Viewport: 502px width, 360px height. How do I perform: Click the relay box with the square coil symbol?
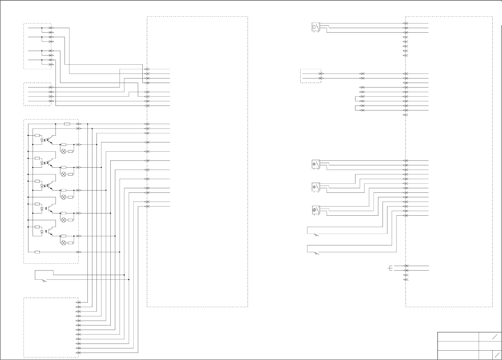pos(315,27)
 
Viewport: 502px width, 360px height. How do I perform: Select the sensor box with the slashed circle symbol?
pos(315,210)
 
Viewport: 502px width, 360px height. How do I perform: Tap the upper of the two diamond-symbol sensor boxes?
pos(315,164)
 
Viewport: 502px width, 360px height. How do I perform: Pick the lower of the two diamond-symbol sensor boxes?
pos(315,187)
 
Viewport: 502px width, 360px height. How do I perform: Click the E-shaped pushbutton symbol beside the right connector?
pos(391,268)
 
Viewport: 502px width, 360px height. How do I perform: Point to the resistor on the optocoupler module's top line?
pos(67,124)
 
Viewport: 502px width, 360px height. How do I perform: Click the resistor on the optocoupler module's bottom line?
pos(37,252)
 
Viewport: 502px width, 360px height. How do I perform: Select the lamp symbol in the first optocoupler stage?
pos(64,151)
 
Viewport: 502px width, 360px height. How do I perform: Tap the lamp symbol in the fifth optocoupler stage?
pos(64,243)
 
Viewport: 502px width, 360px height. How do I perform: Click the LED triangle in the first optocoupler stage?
pos(42,140)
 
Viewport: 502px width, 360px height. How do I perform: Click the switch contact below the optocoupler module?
pos(45,280)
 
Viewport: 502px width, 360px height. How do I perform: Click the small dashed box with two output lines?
pos(311,76)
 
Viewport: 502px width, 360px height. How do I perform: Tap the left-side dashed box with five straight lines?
pos(37,94)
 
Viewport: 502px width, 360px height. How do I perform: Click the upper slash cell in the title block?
pos(490,337)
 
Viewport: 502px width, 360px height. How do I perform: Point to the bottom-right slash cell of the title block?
pos(497,355)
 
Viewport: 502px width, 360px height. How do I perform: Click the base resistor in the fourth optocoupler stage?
pos(37,204)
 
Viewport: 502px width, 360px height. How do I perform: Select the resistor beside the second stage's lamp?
pos(70,174)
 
